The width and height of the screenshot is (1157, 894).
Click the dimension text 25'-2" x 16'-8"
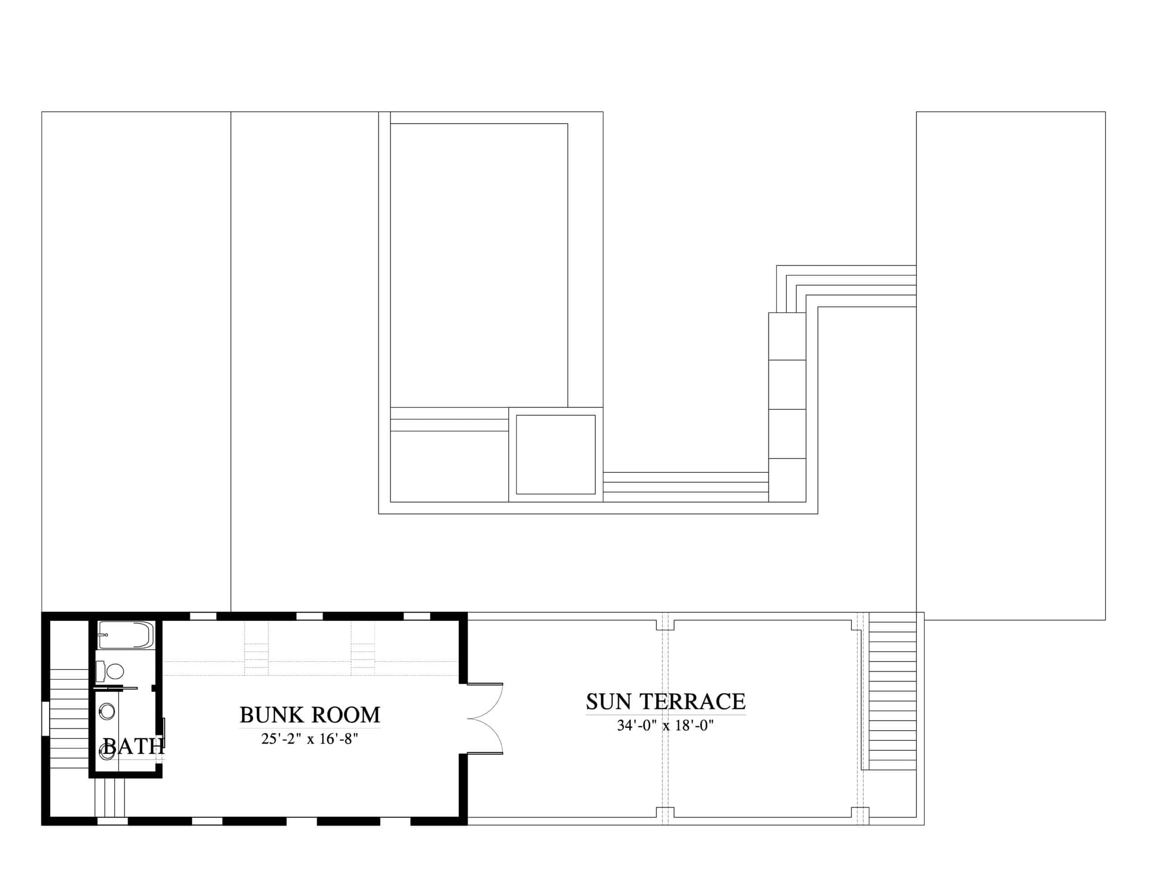310,739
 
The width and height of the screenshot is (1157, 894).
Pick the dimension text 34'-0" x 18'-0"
665,725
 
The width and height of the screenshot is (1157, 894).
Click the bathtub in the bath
126,635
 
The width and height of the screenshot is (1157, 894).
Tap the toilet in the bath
110,672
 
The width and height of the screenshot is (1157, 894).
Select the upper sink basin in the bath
107,710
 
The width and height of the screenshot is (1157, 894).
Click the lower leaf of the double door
485,736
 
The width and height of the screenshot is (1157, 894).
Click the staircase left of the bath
69,718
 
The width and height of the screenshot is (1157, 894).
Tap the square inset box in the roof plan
556,455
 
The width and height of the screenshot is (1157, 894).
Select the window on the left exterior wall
46,719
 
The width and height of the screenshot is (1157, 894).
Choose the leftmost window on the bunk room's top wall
203,616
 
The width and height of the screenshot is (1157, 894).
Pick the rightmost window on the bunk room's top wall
417,616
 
